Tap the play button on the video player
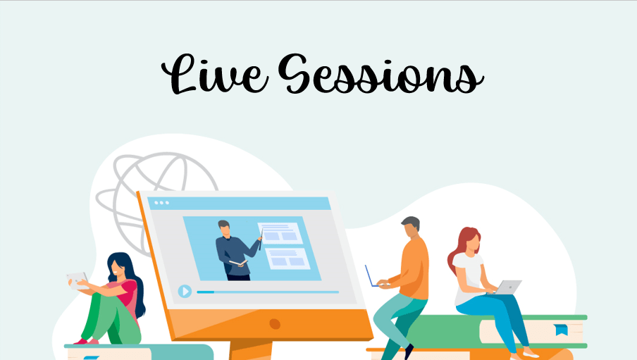[x=185, y=291]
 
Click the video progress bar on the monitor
[x=268, y=292]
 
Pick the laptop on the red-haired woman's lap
[x=509, y=286]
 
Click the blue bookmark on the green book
[x=561, y=330]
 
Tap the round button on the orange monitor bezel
[x=274, y=323]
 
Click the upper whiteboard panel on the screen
[x=280, y=233]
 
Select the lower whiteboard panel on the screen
[x=288, y=257]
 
